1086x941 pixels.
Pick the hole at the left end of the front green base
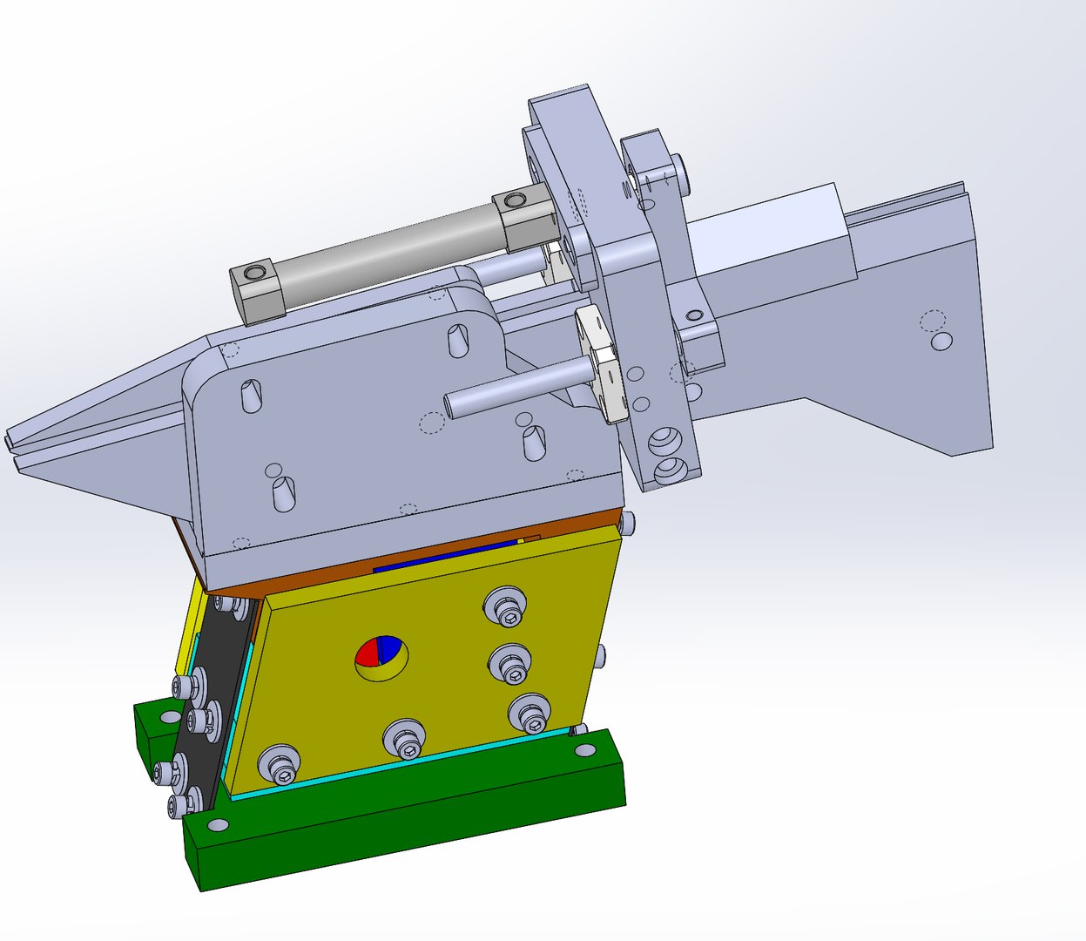click(x=217, y=823)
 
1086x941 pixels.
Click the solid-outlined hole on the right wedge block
click(x=941, y=342)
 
